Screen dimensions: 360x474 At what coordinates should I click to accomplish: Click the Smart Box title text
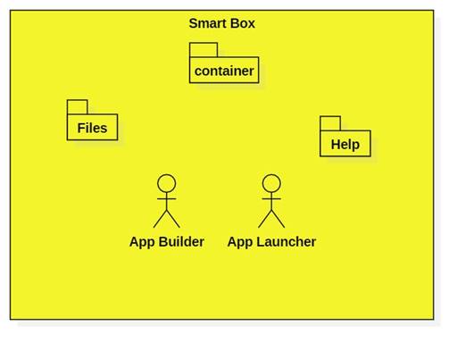(x=221, y=23)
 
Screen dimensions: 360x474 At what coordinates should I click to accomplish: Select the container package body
(x=224, y=71)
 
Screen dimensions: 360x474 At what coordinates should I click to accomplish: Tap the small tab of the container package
(x=203, y=49)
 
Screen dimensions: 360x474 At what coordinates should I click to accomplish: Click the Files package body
(x=92, y=128)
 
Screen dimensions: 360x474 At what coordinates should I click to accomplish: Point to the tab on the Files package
(x=78, y=106)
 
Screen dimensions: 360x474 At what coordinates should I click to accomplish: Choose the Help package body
(x=345, y=144)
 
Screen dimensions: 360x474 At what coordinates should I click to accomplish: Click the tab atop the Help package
(x=330, y=122)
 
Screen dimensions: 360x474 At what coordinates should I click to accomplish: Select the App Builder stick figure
(x=166, y=201)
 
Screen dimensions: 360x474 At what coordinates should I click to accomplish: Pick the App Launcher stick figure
(x=271, y=201)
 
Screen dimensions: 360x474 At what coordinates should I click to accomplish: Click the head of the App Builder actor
(x=166, y=183)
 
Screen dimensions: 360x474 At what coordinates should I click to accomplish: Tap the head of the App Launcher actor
(x=271, y=183)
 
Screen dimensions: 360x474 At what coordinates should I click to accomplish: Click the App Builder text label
(x=166, y=241)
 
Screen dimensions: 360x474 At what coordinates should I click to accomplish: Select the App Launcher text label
(x=271, y=241)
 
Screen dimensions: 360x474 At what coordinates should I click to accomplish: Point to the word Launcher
(x=286, y=241)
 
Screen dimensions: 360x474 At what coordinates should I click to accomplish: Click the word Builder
(x=181, y=241)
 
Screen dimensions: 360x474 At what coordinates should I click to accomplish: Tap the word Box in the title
(x=242, y=23)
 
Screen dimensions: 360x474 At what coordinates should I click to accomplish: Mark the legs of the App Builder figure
(x=166, y=220)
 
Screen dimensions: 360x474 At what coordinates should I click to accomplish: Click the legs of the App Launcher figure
(x=271, y=220)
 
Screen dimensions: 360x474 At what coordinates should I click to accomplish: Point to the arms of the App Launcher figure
(x=271, y=198)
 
